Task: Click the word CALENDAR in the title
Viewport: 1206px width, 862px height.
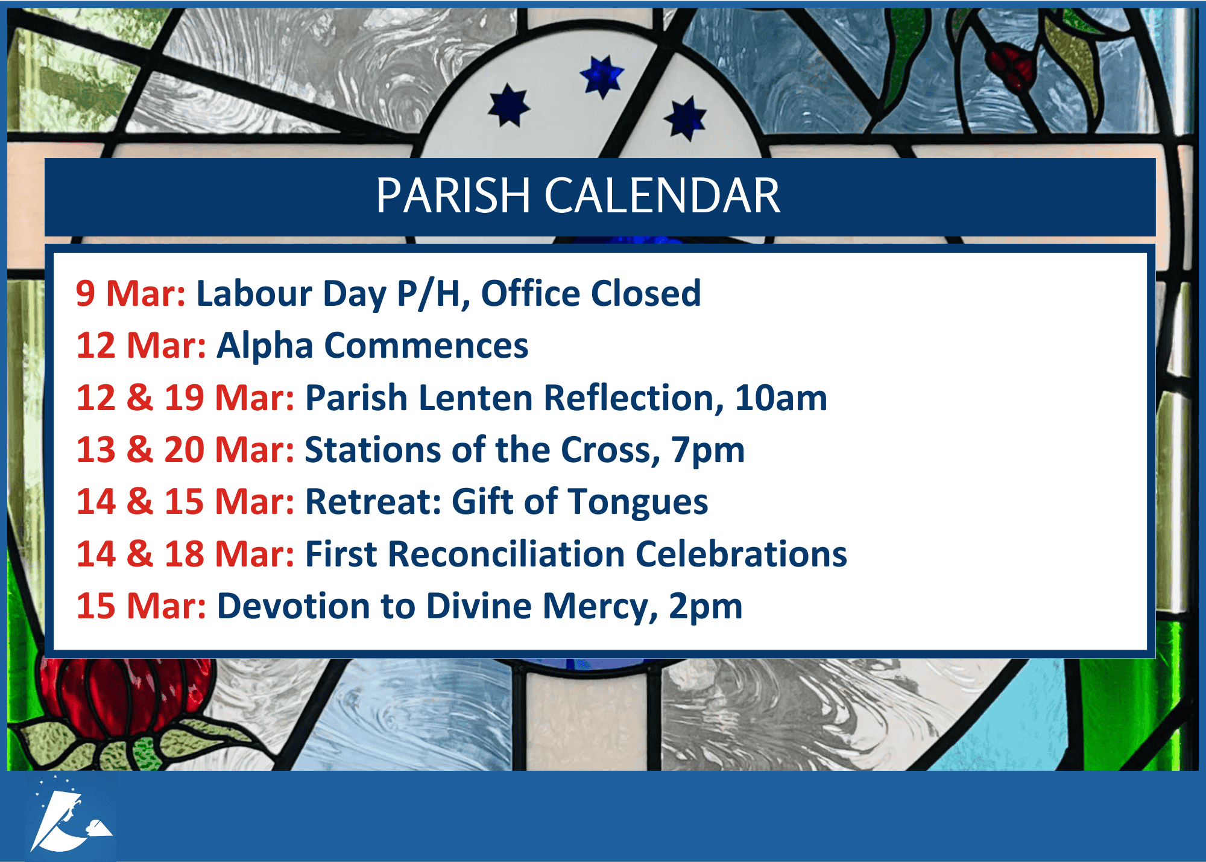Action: (663, 195)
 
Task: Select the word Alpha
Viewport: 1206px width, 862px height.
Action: (265, 346)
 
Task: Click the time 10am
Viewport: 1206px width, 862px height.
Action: (781, 398)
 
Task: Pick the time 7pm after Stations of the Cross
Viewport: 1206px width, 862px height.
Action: (709, 451)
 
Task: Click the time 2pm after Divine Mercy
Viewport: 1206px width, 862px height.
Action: (706, 607)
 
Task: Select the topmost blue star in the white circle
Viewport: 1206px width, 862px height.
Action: (602, 77)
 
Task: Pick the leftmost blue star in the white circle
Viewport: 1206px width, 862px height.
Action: (509, 105)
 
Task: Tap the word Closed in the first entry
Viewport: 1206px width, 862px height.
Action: (646, 294)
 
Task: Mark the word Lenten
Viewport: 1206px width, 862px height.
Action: (475, 398)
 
